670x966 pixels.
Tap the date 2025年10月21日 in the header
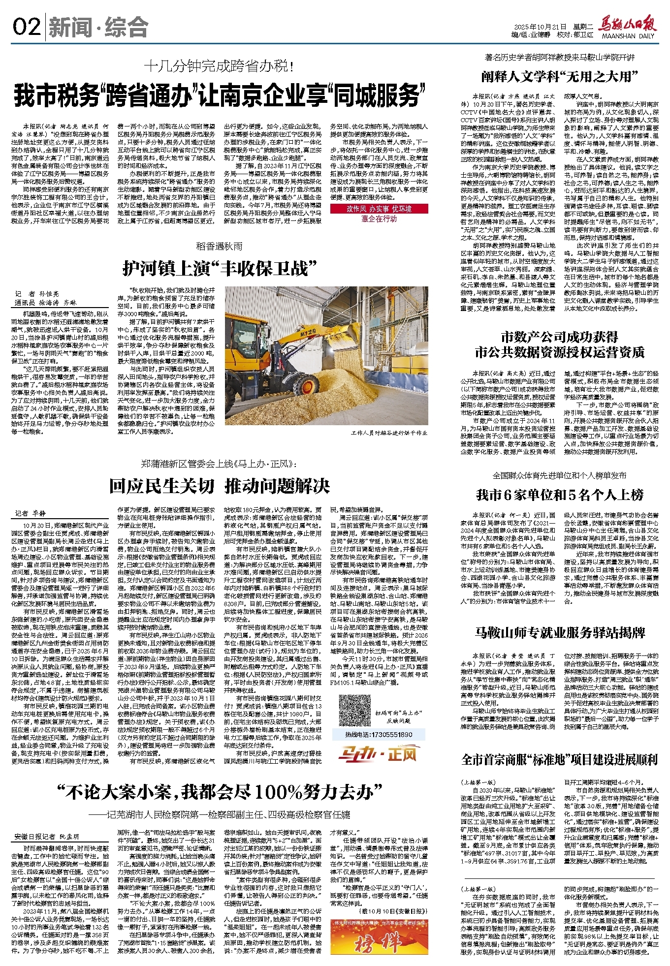click(541, 27)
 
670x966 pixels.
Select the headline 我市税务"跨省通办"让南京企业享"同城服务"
click(220, 95)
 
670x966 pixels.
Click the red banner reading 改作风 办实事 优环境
click(379, 209)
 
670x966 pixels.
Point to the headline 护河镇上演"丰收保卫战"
click(219, 268)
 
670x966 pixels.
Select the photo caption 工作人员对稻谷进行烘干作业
click(389, 433)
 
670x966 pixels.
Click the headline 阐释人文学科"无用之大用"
click(559, 77)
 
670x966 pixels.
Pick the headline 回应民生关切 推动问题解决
click(219, 486)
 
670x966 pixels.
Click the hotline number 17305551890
click(379, 734)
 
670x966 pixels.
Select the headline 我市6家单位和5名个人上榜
click(559, 495)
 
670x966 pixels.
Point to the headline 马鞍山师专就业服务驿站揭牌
click(559, 633)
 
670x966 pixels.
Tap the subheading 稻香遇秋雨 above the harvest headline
click(219, 246)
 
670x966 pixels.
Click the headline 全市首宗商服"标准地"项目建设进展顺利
click(559, 760)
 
